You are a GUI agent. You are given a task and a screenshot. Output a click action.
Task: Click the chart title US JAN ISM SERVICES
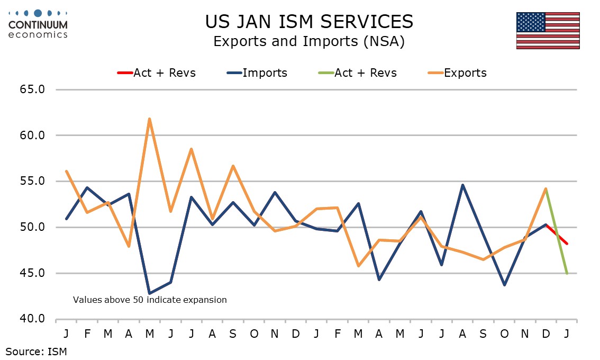click(309, 22)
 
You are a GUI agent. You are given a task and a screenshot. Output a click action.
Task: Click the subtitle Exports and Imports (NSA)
click(309, 42)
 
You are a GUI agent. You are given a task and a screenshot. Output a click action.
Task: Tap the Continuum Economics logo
click(38, 24)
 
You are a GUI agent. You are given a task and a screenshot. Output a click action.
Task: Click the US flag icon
click(548, 31)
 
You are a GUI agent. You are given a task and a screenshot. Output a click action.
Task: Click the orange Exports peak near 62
click(149, 119)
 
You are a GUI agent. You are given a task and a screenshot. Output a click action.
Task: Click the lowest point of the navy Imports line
click(149, 293)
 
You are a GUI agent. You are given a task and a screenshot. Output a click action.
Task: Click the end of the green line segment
click(567, 274)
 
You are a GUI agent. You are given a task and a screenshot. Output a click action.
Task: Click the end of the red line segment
click(567, 244)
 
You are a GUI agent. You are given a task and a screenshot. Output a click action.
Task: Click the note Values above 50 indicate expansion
click(150, 300)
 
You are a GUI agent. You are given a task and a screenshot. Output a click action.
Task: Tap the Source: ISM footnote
click(37, 350)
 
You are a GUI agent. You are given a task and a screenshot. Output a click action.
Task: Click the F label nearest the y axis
click(87, 334)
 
